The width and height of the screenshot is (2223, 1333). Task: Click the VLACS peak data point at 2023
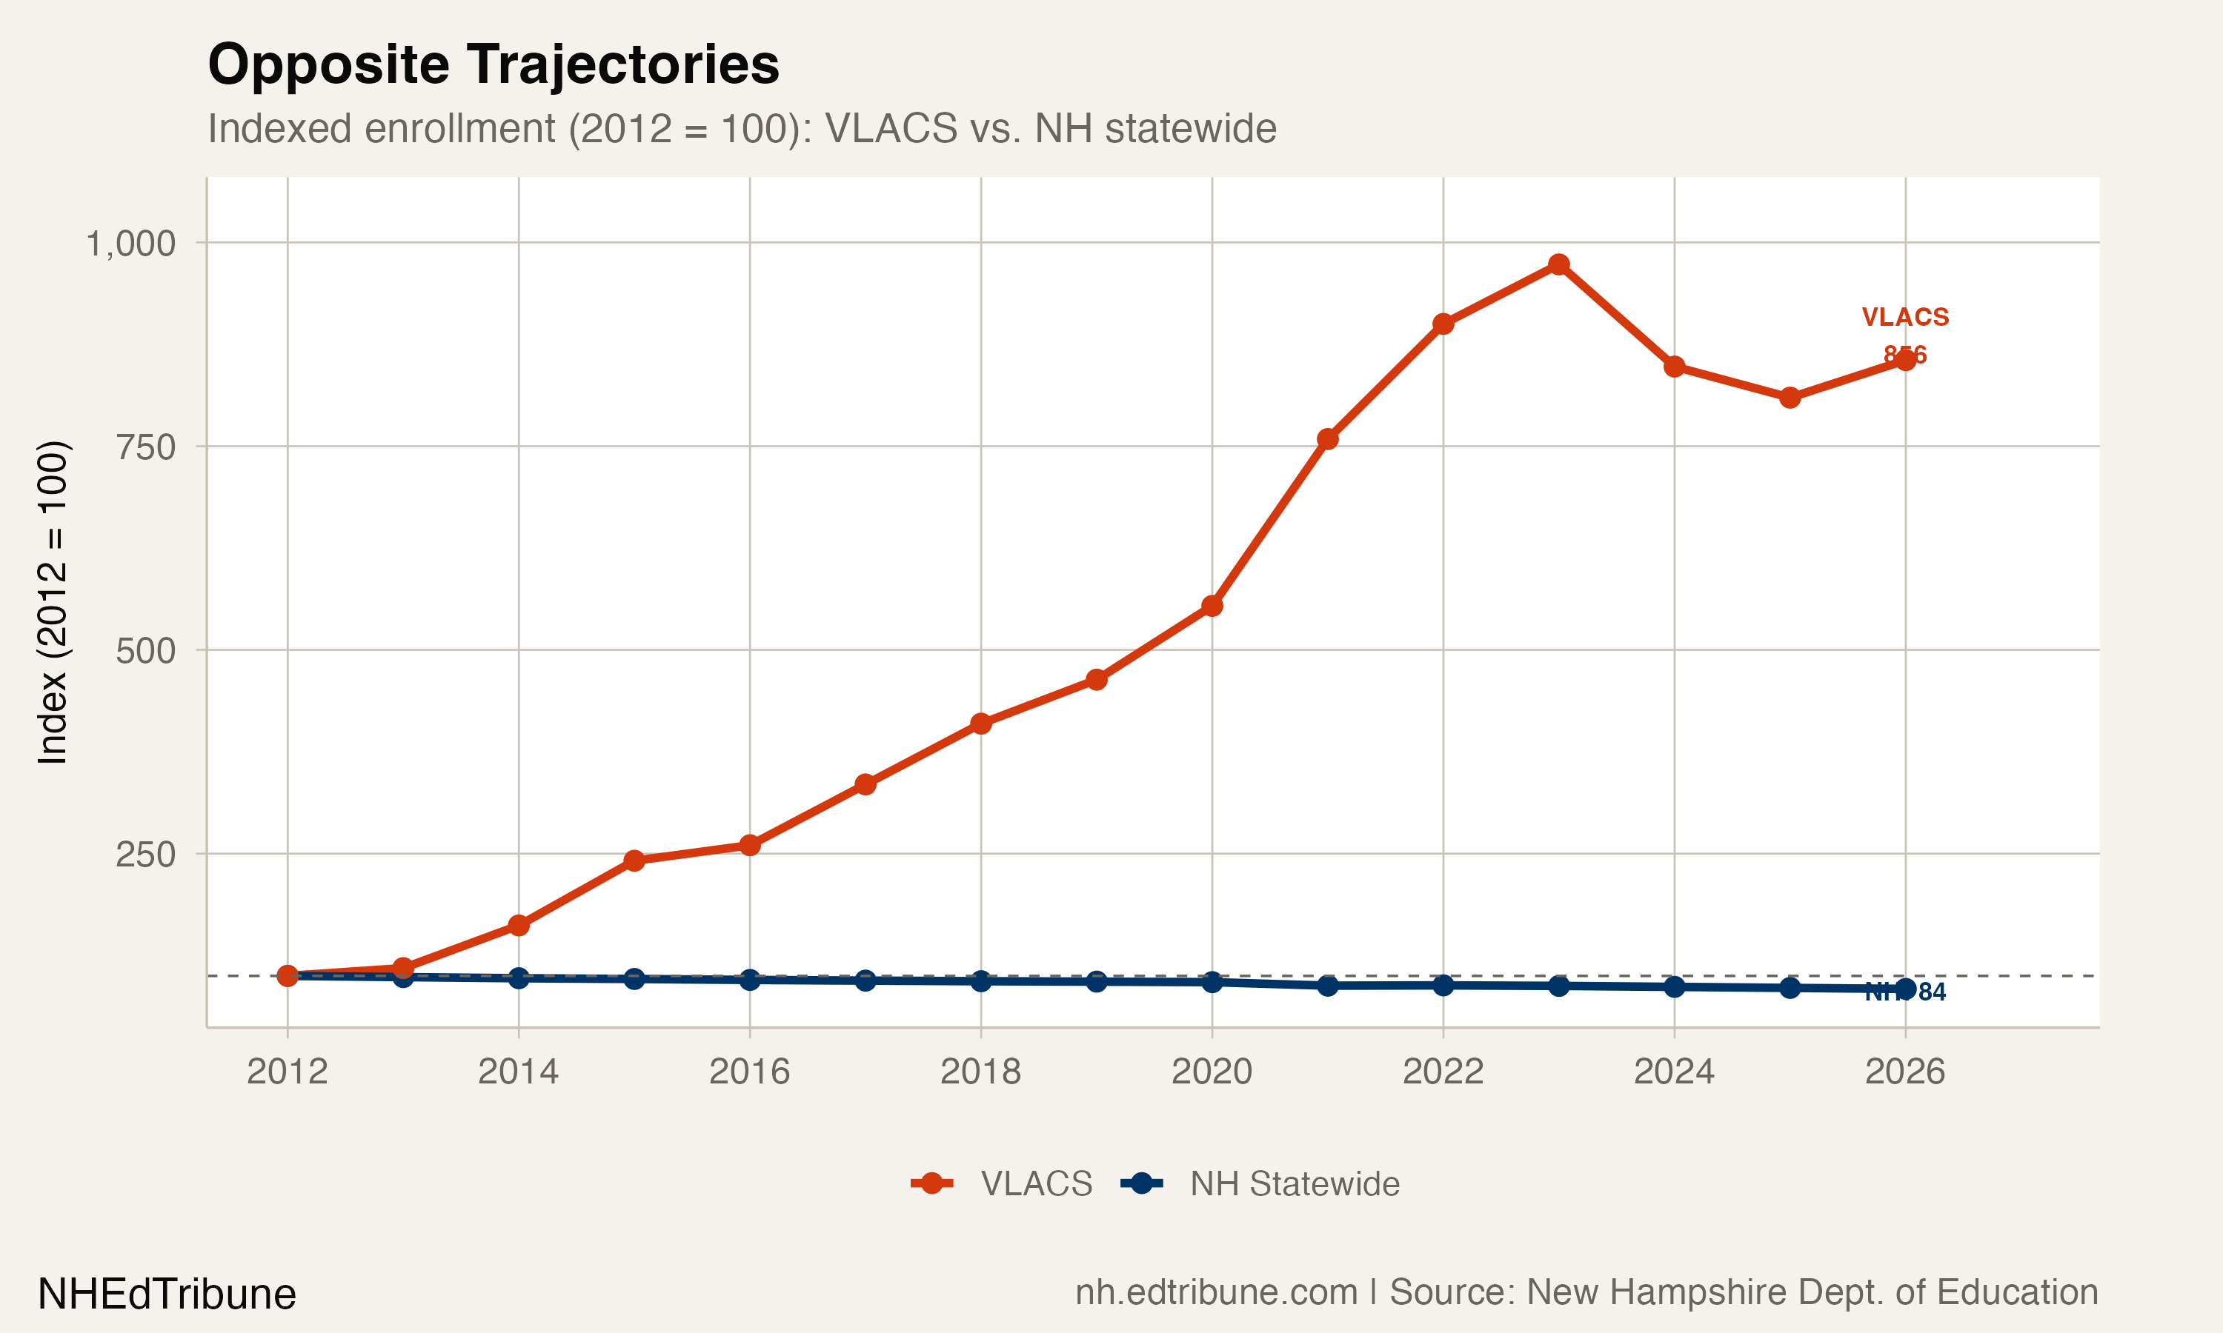point(1559,264)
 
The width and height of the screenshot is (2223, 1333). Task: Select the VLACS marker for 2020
point(1212,607)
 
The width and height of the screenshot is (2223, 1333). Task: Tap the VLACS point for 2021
point(1328,439)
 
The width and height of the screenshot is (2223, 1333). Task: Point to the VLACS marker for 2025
point(1790,398)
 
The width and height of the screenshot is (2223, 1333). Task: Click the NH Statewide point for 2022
point(1443,986)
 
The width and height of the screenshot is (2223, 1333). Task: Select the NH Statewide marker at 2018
point(981,981)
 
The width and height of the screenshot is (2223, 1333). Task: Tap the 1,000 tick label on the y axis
point(131,244)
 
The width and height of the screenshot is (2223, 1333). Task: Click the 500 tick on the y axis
point(145,651)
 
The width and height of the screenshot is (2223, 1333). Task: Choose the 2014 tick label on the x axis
point(519,1072)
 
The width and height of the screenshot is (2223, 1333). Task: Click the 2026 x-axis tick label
point(1905,1072)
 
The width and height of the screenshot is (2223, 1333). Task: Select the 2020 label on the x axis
point(1212,1072)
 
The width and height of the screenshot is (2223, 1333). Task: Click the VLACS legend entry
point(1035,1184)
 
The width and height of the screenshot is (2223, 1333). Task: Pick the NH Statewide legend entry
point(1294,1184)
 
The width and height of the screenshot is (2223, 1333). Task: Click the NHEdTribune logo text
point(167,1294)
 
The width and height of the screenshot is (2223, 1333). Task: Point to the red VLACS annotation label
point(1905,317)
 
